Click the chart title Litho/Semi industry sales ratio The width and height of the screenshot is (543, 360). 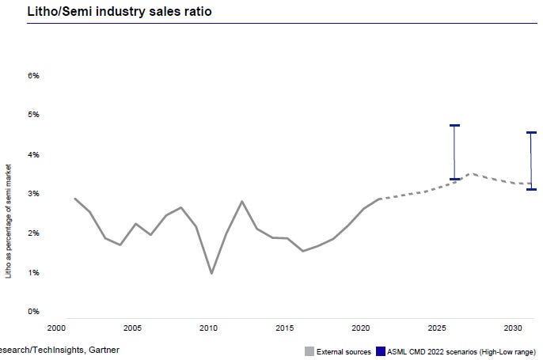click(119, 12)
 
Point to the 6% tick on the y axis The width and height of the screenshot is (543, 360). click(34, 76)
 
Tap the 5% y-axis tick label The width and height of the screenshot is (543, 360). click(34, 116)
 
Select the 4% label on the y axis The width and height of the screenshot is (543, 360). click(34, 155)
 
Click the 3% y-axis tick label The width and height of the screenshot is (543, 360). click(34, 194)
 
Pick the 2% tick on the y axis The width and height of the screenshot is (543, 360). click(34, 233)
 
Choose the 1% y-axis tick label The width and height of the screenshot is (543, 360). click(34, 273)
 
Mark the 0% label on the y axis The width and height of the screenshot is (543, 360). click(34, 312)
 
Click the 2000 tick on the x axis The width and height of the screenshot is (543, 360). click(55, 327)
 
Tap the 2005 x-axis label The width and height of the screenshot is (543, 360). click(132, 327)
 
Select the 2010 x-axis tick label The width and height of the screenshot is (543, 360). click(209, 327)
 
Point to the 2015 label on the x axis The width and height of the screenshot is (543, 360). click(285, 327)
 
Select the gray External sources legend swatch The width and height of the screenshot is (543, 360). click(309, 351)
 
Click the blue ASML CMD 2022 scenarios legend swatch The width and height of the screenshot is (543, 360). click(381, 351)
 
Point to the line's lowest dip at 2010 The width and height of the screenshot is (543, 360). click(211, 273)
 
